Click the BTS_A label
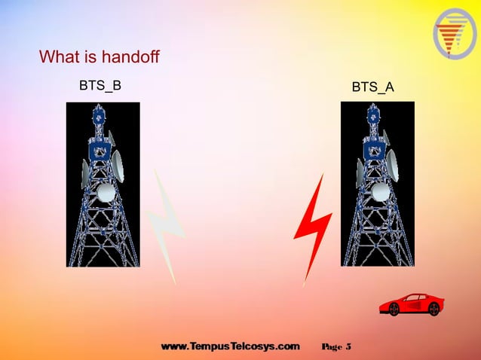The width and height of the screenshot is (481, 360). [x=373, y=87]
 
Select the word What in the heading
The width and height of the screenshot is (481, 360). [x=59, y=57]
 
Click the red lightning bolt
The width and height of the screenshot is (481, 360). [x=312, y=226]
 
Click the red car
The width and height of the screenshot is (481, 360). [x=411, y=304]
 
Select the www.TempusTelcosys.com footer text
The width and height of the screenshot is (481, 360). [x=230, y=347]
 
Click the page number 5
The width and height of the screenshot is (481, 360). [x=348, y=347]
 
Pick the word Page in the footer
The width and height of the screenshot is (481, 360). [x=332, y=347]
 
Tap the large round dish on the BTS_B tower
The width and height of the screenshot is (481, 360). [x=107, y=191]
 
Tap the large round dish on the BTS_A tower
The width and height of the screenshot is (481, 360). [x=381, y=191]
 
